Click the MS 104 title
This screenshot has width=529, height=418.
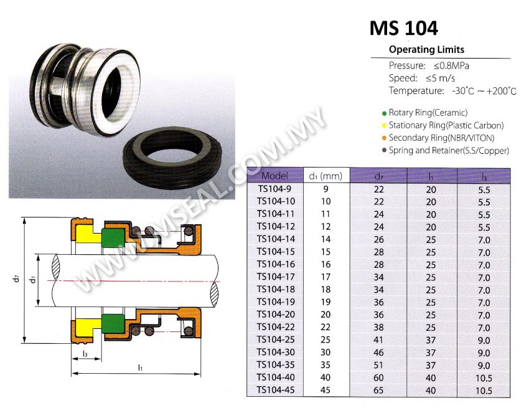point(403,28)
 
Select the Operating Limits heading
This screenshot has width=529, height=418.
point(426,50)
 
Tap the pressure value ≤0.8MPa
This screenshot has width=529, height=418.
point(451,65)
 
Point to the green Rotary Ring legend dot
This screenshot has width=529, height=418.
point(384,113)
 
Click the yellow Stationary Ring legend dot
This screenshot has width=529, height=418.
point(384,126)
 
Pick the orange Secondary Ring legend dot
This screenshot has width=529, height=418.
point(384,138)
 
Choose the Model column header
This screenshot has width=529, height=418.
point(274,176)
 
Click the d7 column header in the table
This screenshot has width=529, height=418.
point(378,176)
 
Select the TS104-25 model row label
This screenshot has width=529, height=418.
point(276,340)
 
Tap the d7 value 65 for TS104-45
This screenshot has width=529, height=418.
point(378,391)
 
